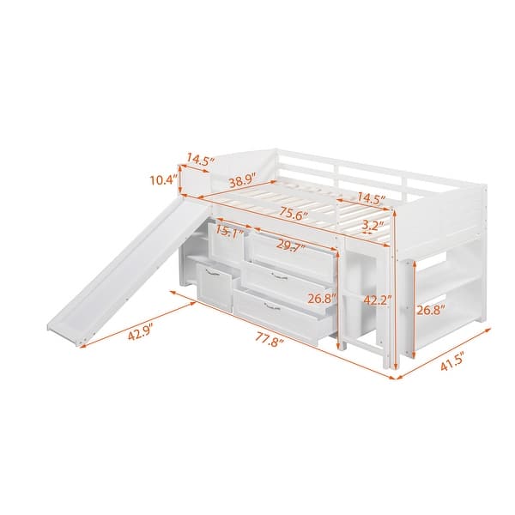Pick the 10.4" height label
click(x=161, y=180)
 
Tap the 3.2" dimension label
click(x=373, y=227)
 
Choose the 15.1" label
click(x=227, y=233)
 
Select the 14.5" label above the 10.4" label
click(x=200, y=159)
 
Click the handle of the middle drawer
click(x=278, y=276)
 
